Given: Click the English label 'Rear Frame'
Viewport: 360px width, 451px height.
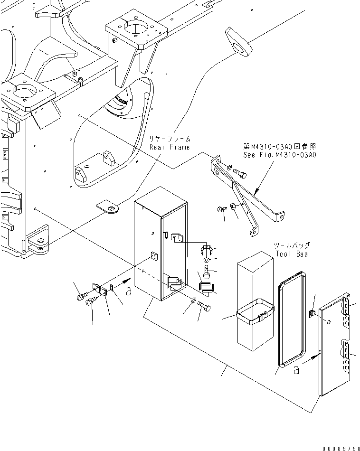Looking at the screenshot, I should (x=169, y=147).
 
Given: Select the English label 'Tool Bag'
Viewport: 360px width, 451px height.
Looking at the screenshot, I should (x=292, y=254).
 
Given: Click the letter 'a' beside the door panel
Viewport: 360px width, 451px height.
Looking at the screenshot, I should (x=296, y=371).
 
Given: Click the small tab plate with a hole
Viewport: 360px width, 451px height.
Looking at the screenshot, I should (x=108, y=207).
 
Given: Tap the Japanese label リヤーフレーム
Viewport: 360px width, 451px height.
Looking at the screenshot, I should (x=169, y=139).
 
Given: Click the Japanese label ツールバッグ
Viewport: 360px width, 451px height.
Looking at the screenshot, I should (x=292, y=246).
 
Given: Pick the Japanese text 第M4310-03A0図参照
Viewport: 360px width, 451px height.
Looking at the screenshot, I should (x=279, y=147).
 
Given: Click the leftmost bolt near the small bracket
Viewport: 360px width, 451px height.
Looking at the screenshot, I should (x=80, y=297).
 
